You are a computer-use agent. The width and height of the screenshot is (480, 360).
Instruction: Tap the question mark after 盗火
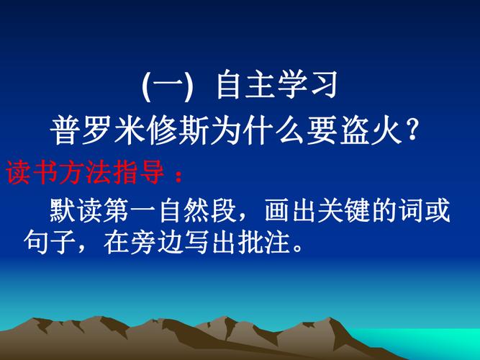(x=412, y=132)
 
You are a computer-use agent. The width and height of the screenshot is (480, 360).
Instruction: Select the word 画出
(x=291, y=212)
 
